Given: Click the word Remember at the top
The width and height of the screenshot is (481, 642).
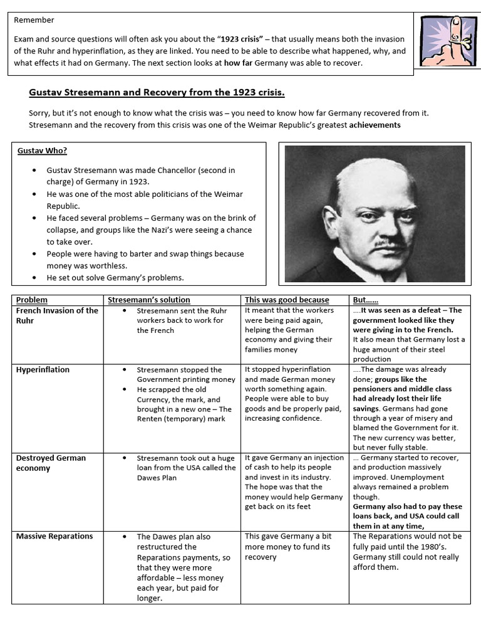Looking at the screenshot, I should (x=34, y=20).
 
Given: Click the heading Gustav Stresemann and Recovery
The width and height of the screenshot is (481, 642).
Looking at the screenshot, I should (x=157, y=93).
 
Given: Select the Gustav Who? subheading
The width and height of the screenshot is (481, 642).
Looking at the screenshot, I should (x=42, y=150).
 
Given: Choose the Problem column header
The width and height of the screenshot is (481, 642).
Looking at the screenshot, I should (x=32, y=300).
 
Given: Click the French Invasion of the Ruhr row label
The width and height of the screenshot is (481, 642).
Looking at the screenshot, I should (x=57, y=315).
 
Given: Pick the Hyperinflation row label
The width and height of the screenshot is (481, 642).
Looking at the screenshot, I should (x=43, y=369).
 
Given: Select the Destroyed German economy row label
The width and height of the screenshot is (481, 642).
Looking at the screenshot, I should (x=51, y=463).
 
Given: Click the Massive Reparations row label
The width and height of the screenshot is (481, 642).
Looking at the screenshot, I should (x=54, y=536).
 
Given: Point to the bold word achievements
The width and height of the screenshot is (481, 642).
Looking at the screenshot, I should (x=375, y=125).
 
